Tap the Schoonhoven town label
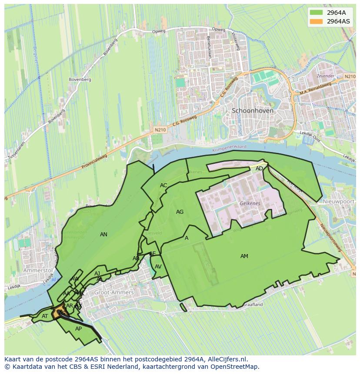tap(253, 111)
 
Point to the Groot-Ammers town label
tap(114, 293)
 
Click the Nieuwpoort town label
tap(339, 202)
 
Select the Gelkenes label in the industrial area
tap(250, 203)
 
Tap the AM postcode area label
tap(244, 256)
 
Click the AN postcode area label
tap(103, 235)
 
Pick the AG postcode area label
tap(180, 212)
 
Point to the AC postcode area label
tap(163, 185)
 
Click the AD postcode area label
tap(259, 169)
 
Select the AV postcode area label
tap(158, 267)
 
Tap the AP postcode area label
tap(78, 329)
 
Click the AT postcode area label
tap(45, 316)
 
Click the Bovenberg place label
tap(80, 79)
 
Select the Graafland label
tap(253, 305)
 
